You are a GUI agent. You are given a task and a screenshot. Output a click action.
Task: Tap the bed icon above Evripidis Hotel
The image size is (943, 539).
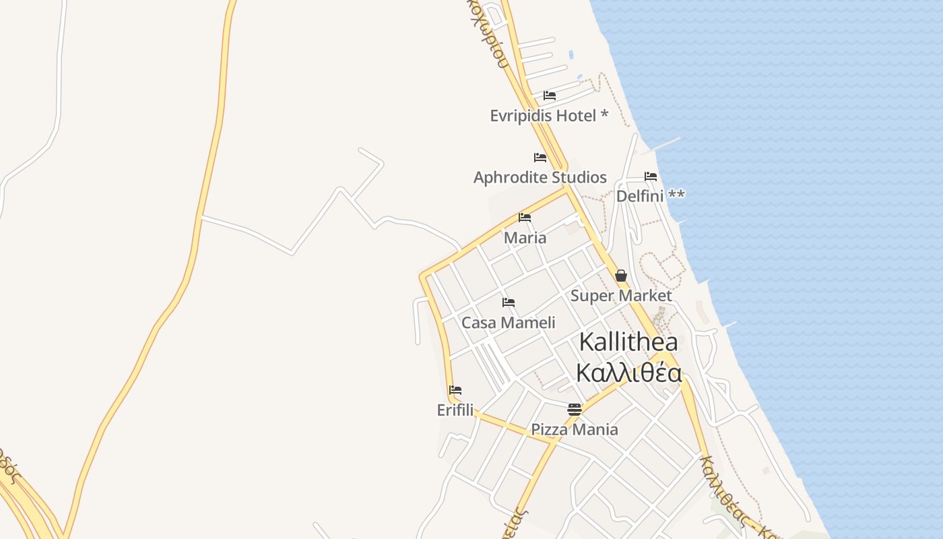click(550, 96)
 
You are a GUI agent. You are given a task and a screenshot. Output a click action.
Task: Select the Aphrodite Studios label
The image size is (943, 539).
click(540, 177)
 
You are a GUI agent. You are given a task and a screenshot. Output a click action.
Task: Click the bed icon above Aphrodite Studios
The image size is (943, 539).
click(540, 158)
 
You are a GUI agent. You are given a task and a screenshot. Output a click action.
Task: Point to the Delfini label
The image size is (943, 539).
click(640, 196)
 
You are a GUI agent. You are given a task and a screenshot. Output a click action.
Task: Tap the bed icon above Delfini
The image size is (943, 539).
click(651, 177)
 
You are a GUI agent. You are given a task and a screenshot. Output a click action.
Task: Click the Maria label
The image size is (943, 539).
click(525, 238)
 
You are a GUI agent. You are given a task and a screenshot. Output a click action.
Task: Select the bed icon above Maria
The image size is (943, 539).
click(525, 218)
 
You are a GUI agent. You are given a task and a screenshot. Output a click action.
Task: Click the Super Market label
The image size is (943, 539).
click(620, 296)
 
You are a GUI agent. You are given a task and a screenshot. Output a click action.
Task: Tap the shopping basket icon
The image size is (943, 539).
click(621, 276)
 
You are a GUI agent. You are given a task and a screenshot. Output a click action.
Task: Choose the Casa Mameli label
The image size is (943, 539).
click(508, 323)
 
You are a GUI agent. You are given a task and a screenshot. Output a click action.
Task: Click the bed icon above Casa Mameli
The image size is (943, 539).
click(509, 303)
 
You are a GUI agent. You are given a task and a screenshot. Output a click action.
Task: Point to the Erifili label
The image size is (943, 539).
click(455, 410)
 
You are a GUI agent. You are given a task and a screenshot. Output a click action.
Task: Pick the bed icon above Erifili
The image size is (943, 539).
click(455, 390)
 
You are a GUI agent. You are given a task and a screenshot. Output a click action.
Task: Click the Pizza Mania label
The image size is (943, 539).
click(574, 429)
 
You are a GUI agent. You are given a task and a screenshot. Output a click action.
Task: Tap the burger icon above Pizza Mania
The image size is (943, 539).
click(575, 409)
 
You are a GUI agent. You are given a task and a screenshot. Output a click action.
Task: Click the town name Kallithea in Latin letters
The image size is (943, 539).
click(628, 342)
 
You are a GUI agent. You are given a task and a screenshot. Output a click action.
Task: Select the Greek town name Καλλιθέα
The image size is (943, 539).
click(629, 373)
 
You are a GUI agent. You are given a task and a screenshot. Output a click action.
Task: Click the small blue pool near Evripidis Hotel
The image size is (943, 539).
click(571, 55)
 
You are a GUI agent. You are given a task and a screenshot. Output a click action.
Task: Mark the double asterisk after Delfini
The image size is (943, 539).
click(677, 195)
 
